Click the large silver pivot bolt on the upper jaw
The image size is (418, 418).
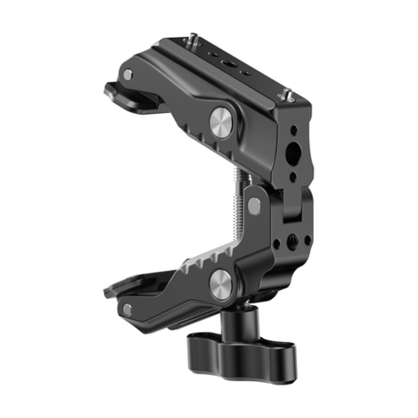[222, 125]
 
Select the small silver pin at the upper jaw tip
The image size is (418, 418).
[127, 74]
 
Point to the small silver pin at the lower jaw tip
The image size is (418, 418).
[126, 308]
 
